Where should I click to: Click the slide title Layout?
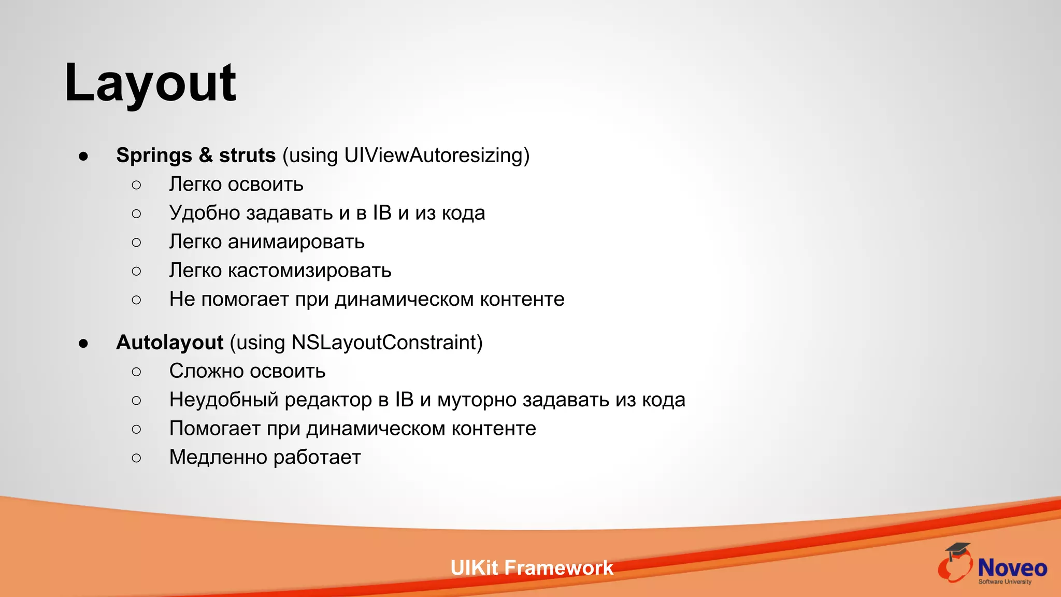click(150, 83)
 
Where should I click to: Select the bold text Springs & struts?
click(195, 155)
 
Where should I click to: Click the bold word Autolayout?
click(169, 343)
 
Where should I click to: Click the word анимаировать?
click(296, 242)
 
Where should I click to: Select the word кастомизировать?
click(309, 271)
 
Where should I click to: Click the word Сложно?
click(204, 371)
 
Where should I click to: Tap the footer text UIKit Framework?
click(532, 568)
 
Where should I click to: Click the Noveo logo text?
click(1012, 568)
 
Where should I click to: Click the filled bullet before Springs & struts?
click(83, 156)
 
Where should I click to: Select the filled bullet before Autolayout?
click(83, 343)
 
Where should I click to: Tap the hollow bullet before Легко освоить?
click(136, 185)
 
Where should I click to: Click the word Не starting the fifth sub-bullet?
click(182, 300)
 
